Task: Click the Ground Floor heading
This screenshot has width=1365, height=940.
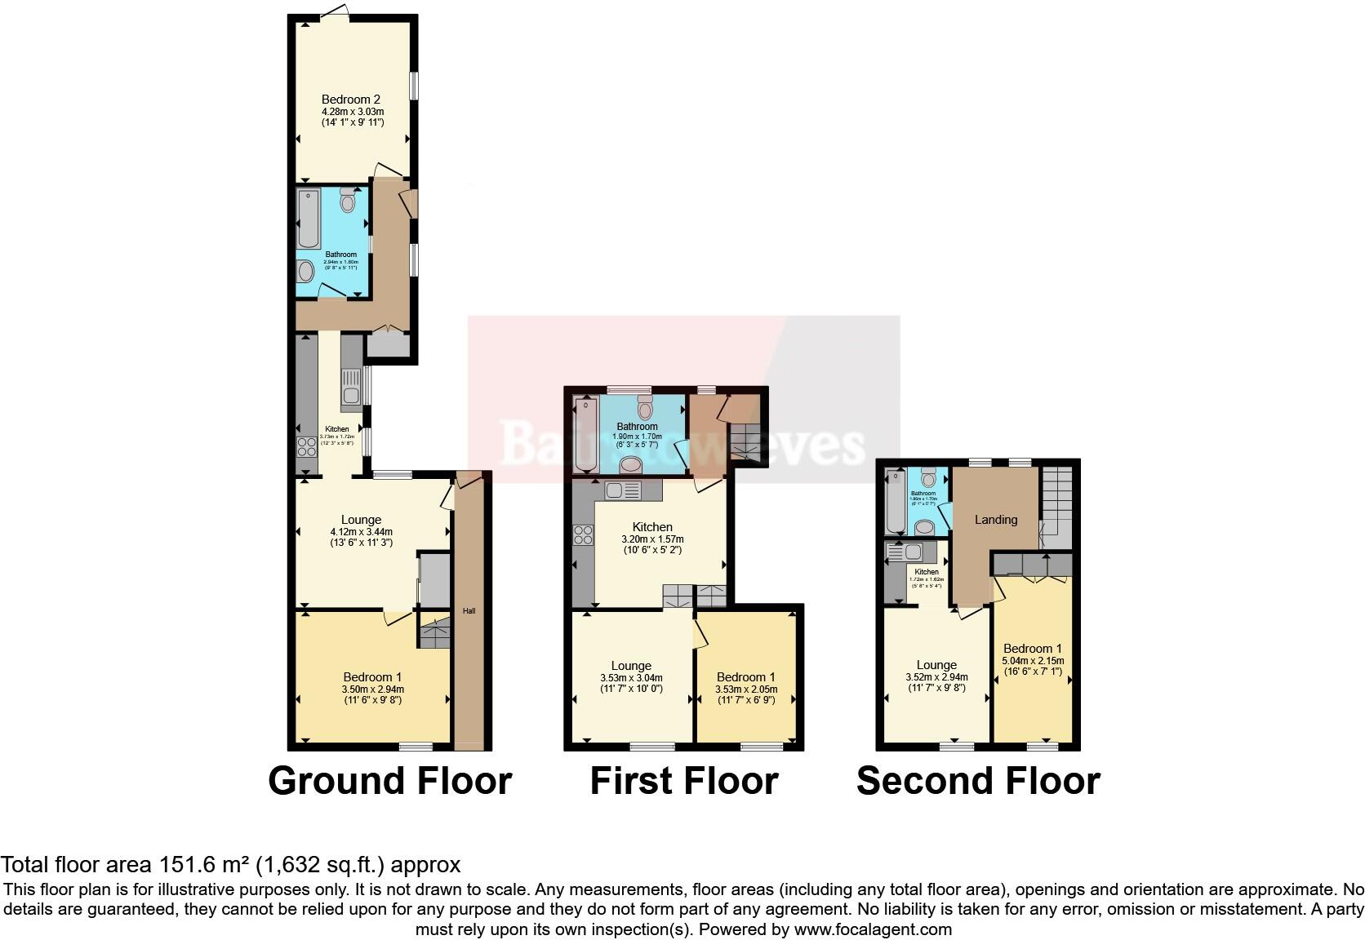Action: coord(389,781)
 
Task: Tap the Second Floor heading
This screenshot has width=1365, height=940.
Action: coord(977,781)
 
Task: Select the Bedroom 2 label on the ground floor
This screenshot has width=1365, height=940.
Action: coord(352,100)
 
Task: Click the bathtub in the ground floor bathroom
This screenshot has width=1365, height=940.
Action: coord(309,219)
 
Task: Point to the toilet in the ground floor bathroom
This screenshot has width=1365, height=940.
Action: coord(348,200)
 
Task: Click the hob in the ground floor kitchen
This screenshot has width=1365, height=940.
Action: coord(307,446)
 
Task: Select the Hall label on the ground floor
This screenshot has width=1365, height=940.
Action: coord(469,610)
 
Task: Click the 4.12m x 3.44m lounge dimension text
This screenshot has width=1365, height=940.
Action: coord(361,531)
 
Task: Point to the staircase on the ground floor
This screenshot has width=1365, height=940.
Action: coord(434,632)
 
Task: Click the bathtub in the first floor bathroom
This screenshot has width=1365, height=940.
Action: coord(586,434)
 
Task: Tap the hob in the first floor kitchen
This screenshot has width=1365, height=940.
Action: coord(583,534)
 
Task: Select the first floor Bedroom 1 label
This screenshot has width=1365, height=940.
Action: coord(745,677)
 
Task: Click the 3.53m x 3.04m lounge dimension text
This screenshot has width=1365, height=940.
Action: coord(631,677)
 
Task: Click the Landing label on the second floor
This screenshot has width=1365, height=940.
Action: coord(995,520)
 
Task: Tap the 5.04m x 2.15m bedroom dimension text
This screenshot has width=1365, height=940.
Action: coord(1033,661)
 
